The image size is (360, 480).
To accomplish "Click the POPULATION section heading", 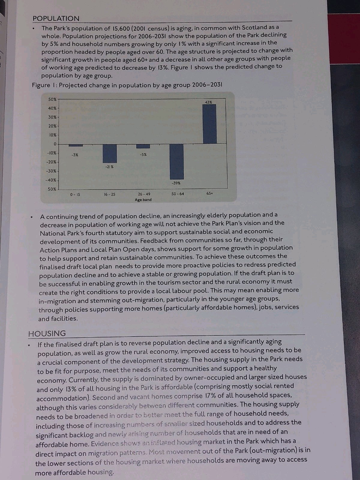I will (56, 18).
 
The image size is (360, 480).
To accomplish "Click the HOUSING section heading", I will (47, 333).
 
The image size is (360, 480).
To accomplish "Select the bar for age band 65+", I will (209, 124).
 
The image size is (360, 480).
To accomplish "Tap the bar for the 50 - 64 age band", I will (177, 161).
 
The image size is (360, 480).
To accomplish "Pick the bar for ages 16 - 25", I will (109, 153).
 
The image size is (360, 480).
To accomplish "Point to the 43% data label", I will (208, 102).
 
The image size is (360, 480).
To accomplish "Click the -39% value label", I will (176, 183).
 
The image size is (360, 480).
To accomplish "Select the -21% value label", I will (109, 166).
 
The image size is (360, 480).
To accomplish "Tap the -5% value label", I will (143, 154).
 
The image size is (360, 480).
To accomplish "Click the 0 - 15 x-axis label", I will (75, 194).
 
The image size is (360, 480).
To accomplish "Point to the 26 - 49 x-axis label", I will (144, 194).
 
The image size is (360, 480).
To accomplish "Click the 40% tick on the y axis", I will (52, 108).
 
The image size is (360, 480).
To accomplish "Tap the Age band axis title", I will (143, 200).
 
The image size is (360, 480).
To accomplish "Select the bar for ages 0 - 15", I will (76, 145).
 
